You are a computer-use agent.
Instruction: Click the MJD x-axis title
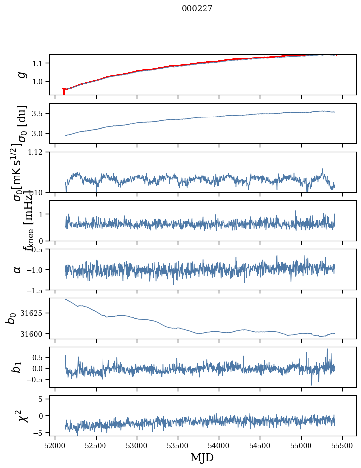pyautogui.click(x=202, y=457)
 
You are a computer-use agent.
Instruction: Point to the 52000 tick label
pyautogui.click(x=55, y=445)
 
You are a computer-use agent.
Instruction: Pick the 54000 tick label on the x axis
pyautogui.click(x=219, y=445)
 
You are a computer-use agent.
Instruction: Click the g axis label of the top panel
pyautogui.click(x=21, y=74)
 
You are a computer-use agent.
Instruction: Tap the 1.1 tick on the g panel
pyautogui.click(x=41, y=63)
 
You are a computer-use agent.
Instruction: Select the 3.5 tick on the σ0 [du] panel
pyautogui.click(x=41, y=114)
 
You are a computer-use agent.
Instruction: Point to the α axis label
pyautogui.click(x=17, y=269)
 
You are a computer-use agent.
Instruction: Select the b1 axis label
pyautogui.click(x=17, y=367)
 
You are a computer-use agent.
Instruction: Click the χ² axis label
pyautogui.click(x=22, y=415)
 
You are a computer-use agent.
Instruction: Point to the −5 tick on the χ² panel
pyautogui.click(x=40, y=433)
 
